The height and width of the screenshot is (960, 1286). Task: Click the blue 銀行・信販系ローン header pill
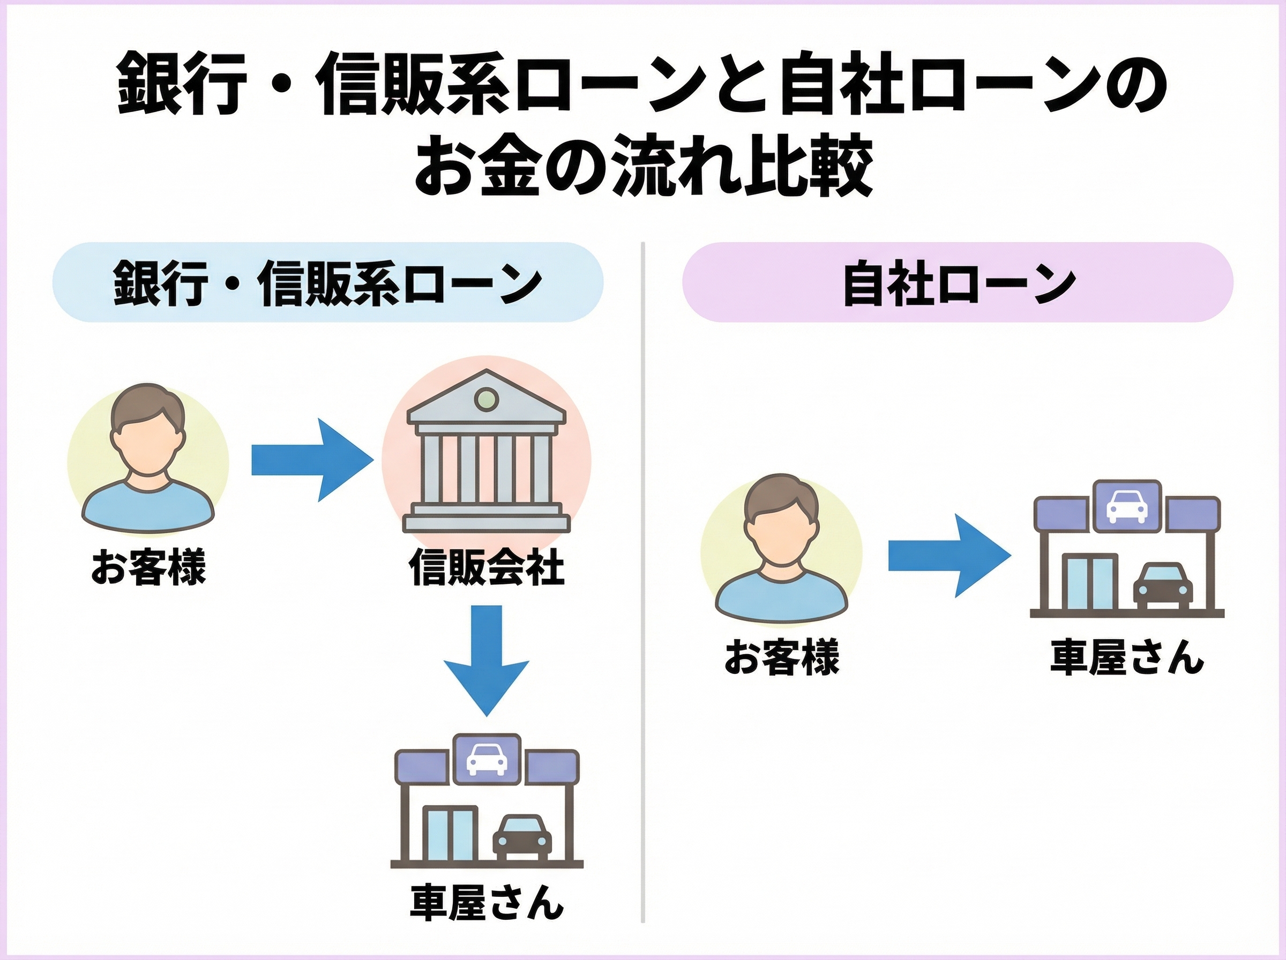tap(328, 282)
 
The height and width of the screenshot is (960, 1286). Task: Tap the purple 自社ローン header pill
tap(958, 282)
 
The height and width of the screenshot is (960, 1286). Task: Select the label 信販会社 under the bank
tap(487, 567)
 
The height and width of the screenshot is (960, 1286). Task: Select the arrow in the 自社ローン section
tap(948, 556)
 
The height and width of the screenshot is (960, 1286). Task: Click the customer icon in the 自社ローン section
tap(781, 549)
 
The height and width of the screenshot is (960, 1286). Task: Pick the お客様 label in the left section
tap(148, 567)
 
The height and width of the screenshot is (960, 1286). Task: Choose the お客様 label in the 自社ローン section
tap(781, 657)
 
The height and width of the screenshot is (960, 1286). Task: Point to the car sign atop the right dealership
tap(1127, 506)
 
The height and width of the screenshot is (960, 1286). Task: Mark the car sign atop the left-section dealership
tap(487, 759)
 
